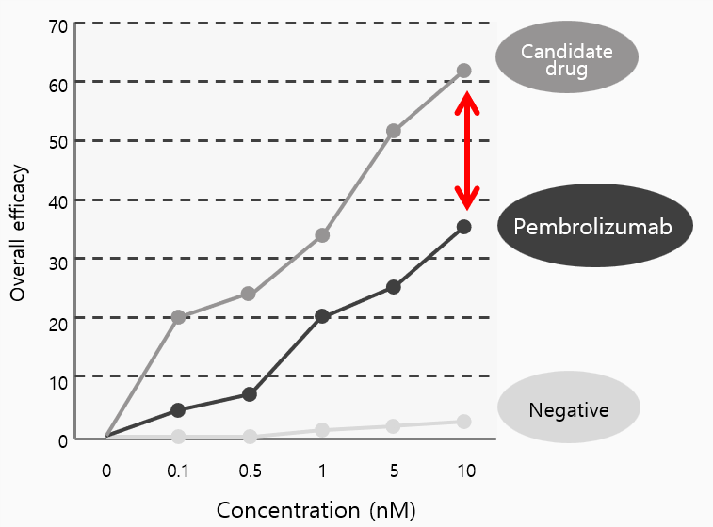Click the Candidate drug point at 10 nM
[463, 71]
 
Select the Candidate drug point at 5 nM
[394, 131]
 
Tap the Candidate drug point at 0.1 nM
[178, 317]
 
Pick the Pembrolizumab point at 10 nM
[463, 227]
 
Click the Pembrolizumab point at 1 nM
[322, 316]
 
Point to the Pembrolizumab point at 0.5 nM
[250, 394]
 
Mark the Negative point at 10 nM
[463, 422]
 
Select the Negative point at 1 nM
[322, 430]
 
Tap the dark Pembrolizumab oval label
[593, 227]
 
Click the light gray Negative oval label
[568, 409]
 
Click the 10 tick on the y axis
[57, 382]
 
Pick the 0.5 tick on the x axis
[249, 470]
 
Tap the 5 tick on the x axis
[394, 470]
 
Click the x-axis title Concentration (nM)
[316, 510]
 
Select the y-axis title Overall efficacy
[18, 233]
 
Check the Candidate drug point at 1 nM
[322, 235]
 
